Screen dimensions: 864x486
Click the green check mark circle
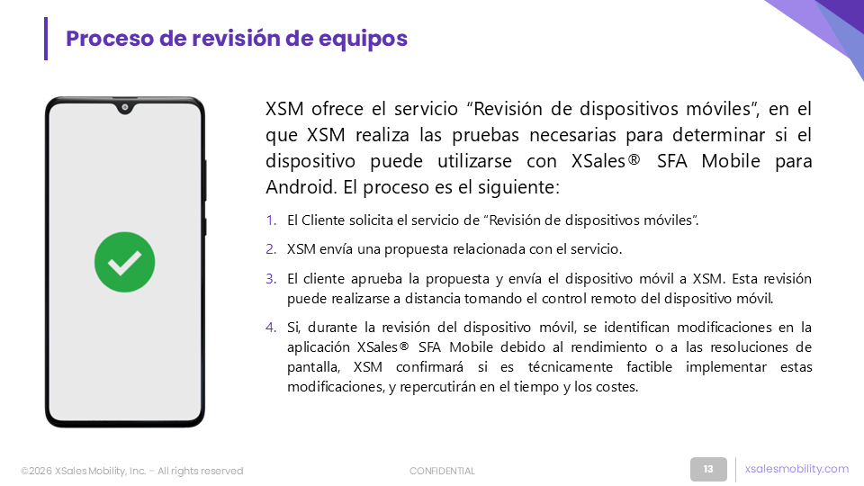pyautogui.click(x=124, y=262)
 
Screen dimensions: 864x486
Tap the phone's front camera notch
pyautogui.click(x=125, y=107)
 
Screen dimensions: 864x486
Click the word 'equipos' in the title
pyautogui.click(x=363, y=39)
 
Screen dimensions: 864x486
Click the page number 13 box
pyautogui.click(x=708, y=469)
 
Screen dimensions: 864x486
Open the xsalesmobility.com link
pyautogui.click(x=796, y=468)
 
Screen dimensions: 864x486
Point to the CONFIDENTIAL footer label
pyautogui.click(x=442, y=471)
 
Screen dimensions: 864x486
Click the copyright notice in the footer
pyautogui.click(x=131, y=471)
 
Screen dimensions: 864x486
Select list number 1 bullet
pyautogui.click(x=271, y=220)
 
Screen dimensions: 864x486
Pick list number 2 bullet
pyautogui.click(x=271, y=249)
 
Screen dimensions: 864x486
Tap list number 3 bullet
pyautogui.click(x=271, y=279)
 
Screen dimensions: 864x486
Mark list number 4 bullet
pyautogui.click(x=271, y=328)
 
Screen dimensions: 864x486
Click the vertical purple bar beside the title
pyautogui.click(x=46, y=39)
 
